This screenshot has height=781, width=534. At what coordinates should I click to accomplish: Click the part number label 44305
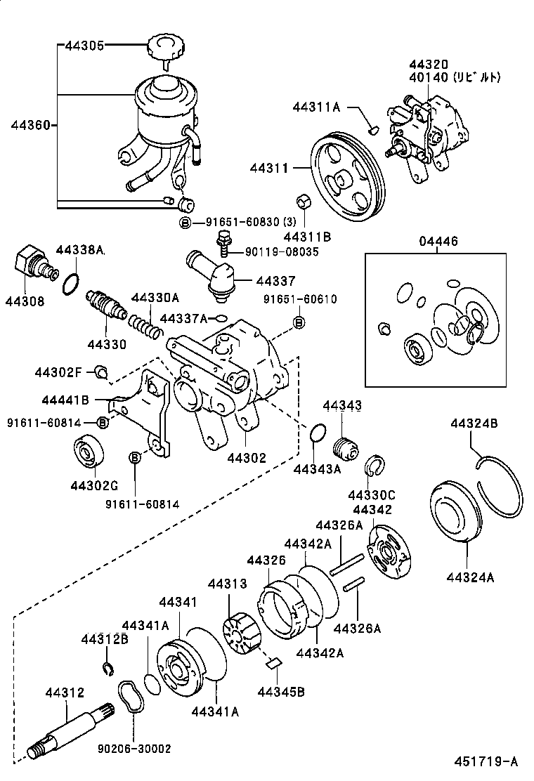coord(84,46)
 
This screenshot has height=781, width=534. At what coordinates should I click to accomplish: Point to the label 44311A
coord(316,107)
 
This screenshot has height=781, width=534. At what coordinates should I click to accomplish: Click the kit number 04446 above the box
coord(438,242)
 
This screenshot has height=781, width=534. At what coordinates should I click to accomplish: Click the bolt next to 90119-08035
coord(223,244)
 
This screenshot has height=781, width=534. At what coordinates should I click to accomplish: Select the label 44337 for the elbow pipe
coord(275,281)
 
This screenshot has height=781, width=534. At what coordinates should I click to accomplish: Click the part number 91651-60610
coord(300,299)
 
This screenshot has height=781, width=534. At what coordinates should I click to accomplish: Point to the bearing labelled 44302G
coord(90,451)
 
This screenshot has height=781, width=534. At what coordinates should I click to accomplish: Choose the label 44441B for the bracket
coord(65,400)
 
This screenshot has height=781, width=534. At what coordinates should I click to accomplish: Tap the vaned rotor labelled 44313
coord(241,629)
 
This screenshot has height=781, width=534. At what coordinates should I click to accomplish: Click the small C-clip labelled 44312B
coord(108,667)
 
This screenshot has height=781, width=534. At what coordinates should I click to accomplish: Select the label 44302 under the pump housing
coord(247,458)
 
